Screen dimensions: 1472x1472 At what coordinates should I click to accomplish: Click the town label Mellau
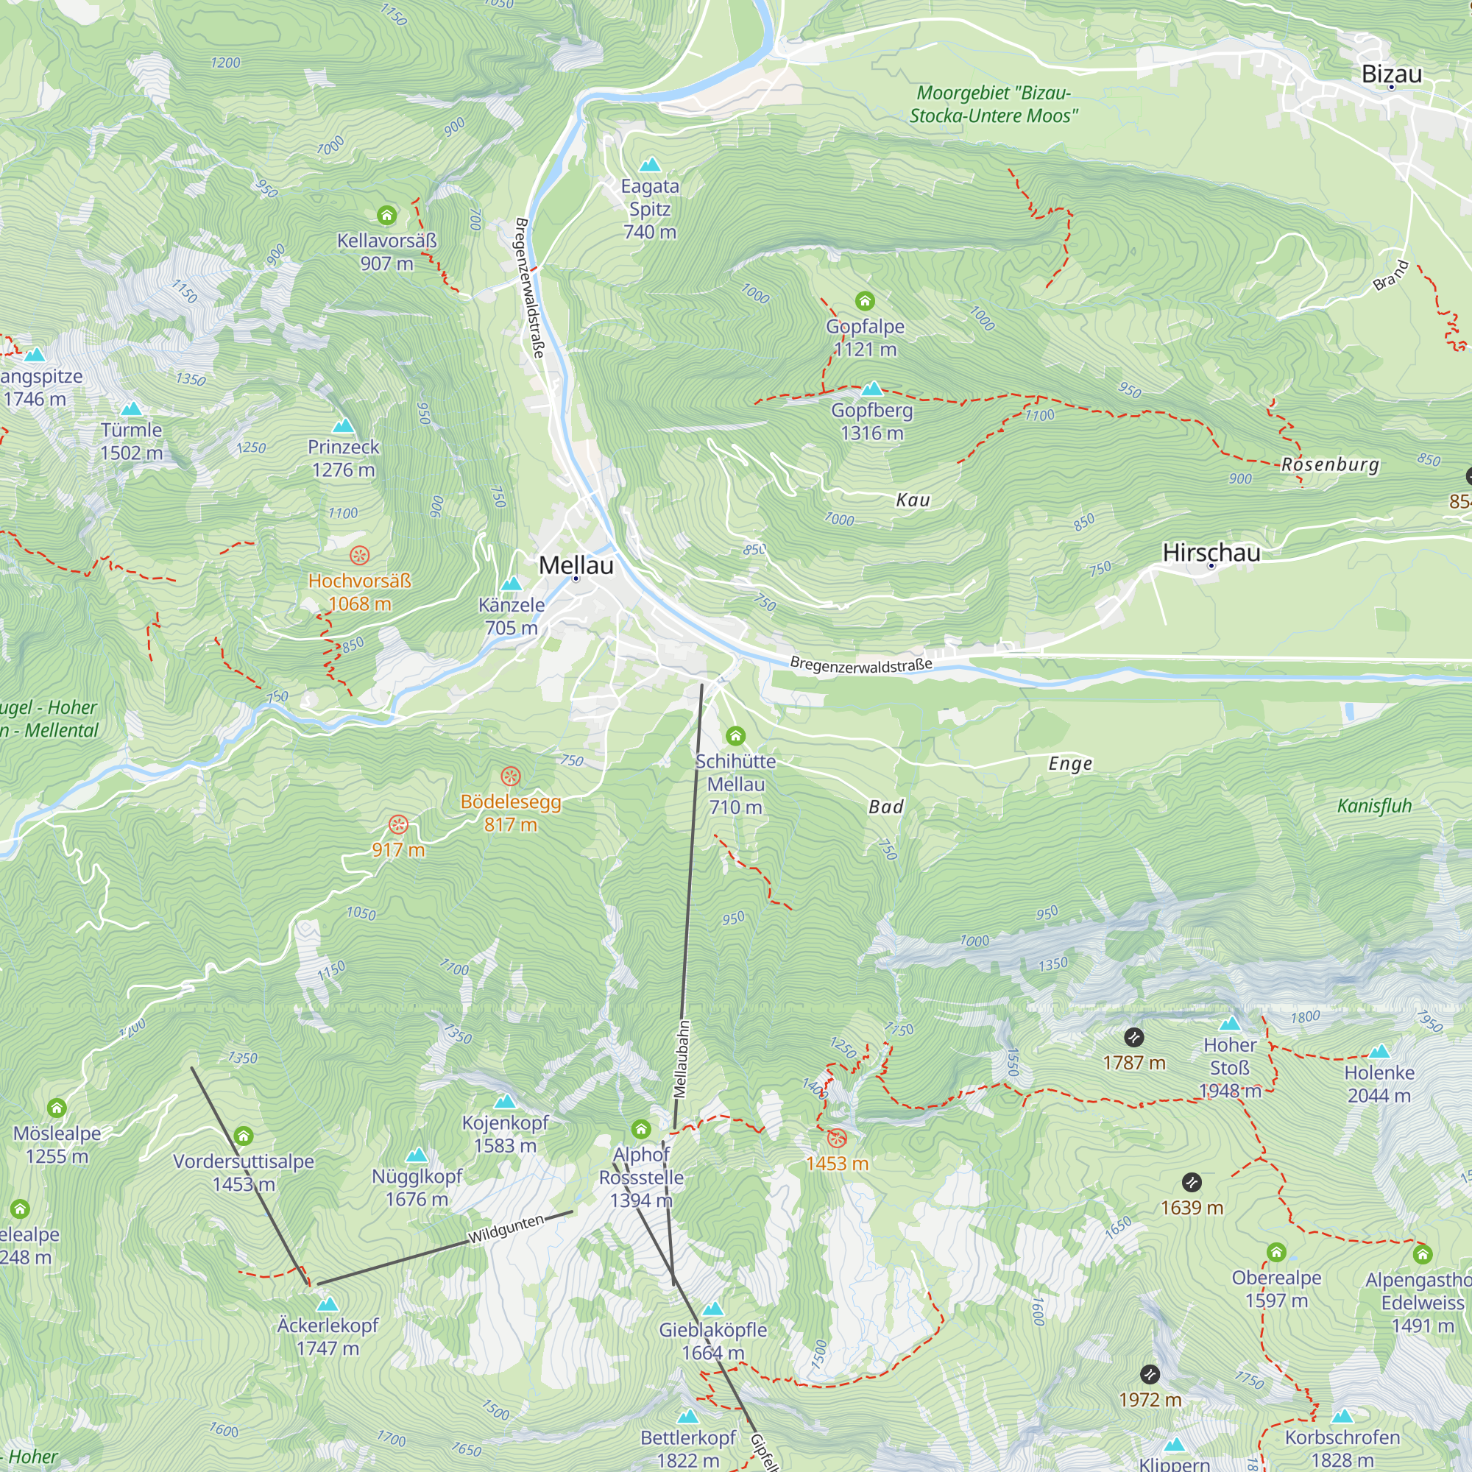tap(576, 565)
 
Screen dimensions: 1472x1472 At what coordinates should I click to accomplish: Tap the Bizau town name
tap(1391, 74)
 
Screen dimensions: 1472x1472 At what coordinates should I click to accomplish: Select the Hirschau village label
tap(1211, 553)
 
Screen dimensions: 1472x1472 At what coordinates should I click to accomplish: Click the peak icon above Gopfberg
tap(871, 389)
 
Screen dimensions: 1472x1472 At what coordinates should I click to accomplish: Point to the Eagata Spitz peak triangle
tap(649, 165)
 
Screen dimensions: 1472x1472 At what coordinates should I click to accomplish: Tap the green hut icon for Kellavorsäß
tap(386, 216)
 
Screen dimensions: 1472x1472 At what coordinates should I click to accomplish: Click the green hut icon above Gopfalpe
tap(864, 301)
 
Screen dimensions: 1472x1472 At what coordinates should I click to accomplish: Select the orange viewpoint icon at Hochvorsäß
tap(359, 555)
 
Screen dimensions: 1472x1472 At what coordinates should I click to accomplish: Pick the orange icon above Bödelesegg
tap(510, 776)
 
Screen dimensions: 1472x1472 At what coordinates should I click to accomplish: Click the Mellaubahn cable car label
tap(683, 1059)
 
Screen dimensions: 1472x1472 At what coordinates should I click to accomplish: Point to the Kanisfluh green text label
tap(1373, 806)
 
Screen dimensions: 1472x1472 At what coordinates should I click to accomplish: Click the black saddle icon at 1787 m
tap(1133, 1037)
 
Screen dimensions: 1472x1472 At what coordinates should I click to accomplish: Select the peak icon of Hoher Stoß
tap(1229, 1024)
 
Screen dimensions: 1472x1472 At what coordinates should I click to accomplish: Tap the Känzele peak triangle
tap(512, 584)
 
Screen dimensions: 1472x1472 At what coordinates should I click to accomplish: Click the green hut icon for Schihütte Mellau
tap(735, 735)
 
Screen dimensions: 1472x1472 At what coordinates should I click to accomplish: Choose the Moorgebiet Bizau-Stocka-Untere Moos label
tap(993, 105)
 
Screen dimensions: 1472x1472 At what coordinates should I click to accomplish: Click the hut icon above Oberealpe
tap(1275, 1252)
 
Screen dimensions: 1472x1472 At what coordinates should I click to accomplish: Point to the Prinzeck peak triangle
tap(343, 425)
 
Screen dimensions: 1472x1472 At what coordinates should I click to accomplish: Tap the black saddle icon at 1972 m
tap(1149, 1374)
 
